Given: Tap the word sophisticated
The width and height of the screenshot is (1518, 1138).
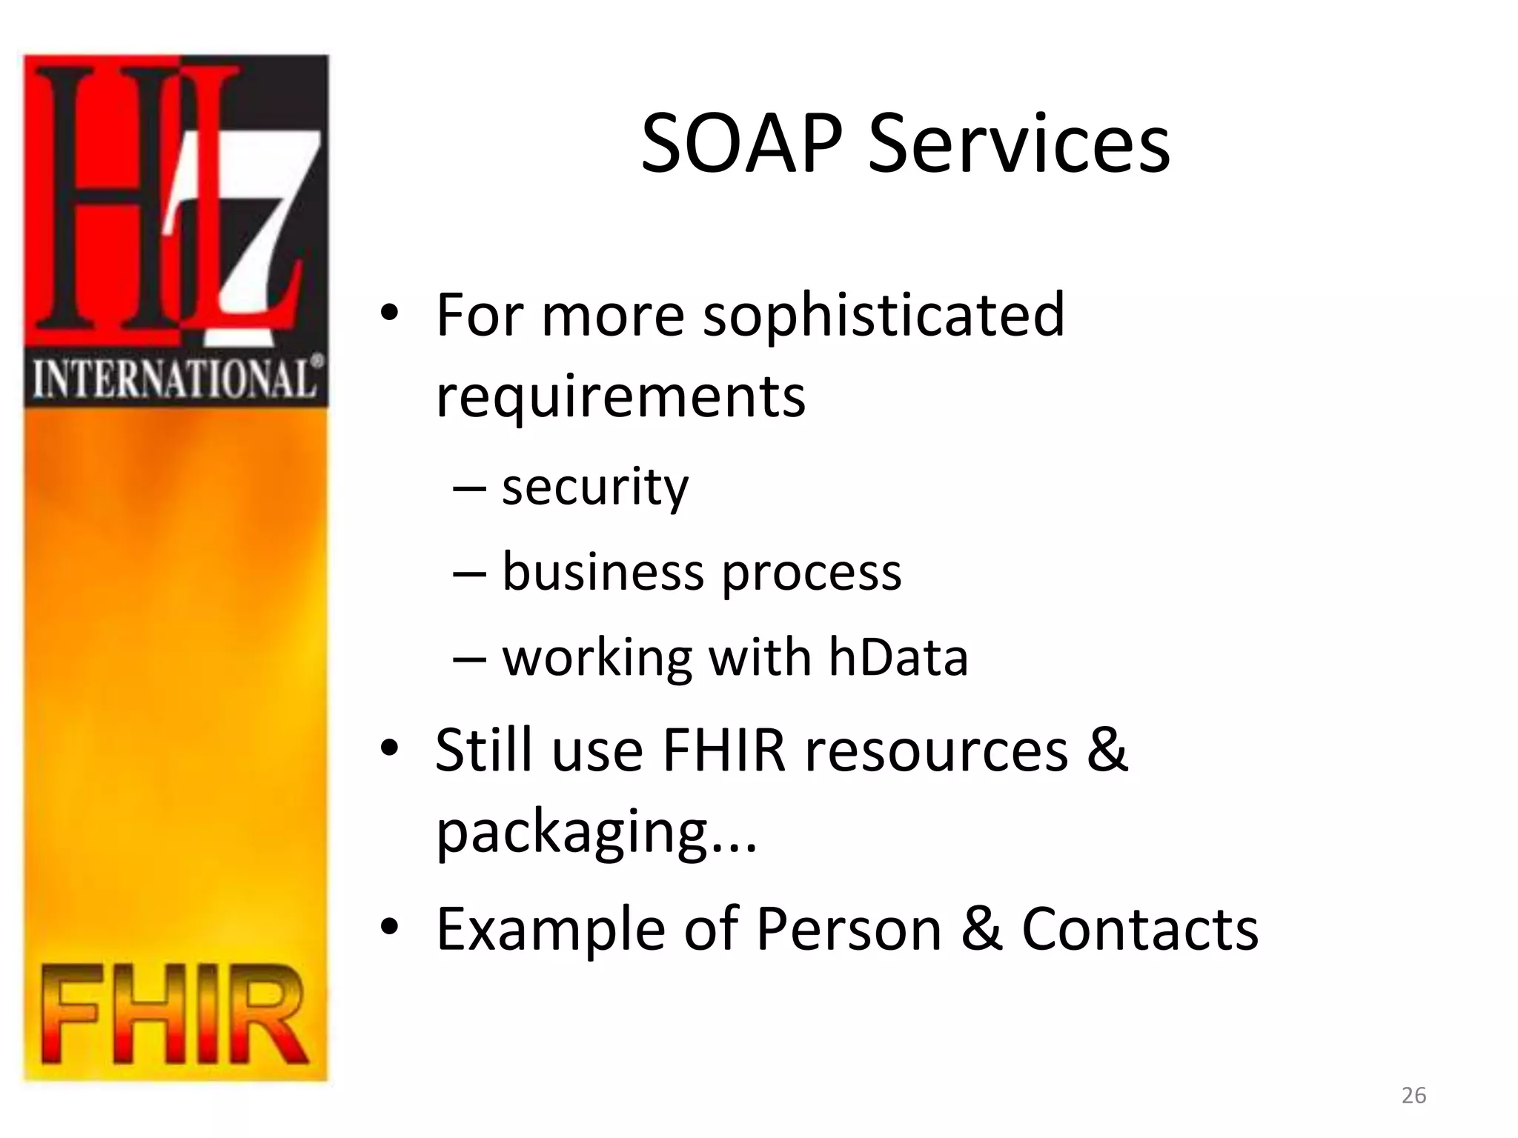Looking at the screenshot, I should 884,315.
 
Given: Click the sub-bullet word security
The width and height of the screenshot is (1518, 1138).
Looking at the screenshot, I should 595,488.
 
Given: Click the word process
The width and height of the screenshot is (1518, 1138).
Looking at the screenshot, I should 812,573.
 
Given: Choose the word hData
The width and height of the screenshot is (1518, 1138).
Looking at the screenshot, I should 898,657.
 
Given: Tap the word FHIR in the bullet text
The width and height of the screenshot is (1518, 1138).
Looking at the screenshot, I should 723,751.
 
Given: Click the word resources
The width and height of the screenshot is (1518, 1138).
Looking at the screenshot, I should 937,751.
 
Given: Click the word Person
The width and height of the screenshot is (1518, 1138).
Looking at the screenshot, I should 849,929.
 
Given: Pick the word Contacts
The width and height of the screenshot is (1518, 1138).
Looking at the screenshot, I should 1140,929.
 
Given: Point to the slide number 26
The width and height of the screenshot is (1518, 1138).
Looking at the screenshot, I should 1413,1095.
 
